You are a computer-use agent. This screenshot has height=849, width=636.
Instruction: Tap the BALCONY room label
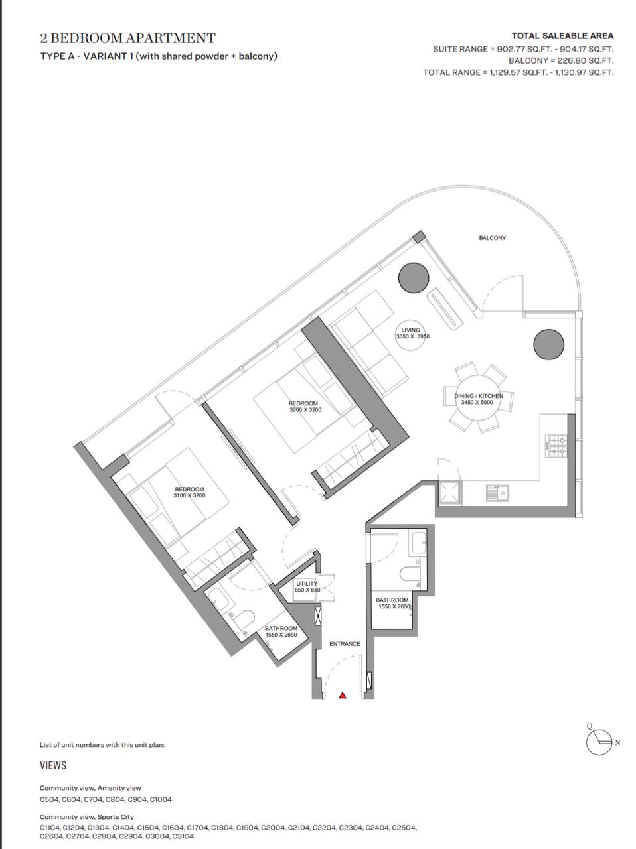(x=492, y=238)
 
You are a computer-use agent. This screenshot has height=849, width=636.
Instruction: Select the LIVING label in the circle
(x=410, y=330)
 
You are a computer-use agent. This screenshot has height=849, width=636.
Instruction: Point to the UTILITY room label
(x=307, y=583)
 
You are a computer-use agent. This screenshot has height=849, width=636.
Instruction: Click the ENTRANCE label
(x=345, y=643)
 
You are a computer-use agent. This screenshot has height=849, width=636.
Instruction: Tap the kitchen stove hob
(x=556, y=446)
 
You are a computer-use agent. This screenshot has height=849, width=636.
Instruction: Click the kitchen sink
(x=497, y=493)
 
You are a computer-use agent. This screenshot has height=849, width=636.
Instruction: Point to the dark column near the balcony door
(x=414, y=278)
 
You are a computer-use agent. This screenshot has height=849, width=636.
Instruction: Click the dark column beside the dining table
(x=548, y=344)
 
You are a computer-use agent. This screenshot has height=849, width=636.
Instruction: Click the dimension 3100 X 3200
(x=190, y=495)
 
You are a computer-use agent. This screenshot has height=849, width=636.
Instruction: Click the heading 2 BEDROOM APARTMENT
(x=127, y=38)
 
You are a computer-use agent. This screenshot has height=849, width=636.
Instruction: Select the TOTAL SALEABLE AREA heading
(x=563, y=36)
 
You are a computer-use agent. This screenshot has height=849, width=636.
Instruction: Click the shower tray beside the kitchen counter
(x=449, y=493)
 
